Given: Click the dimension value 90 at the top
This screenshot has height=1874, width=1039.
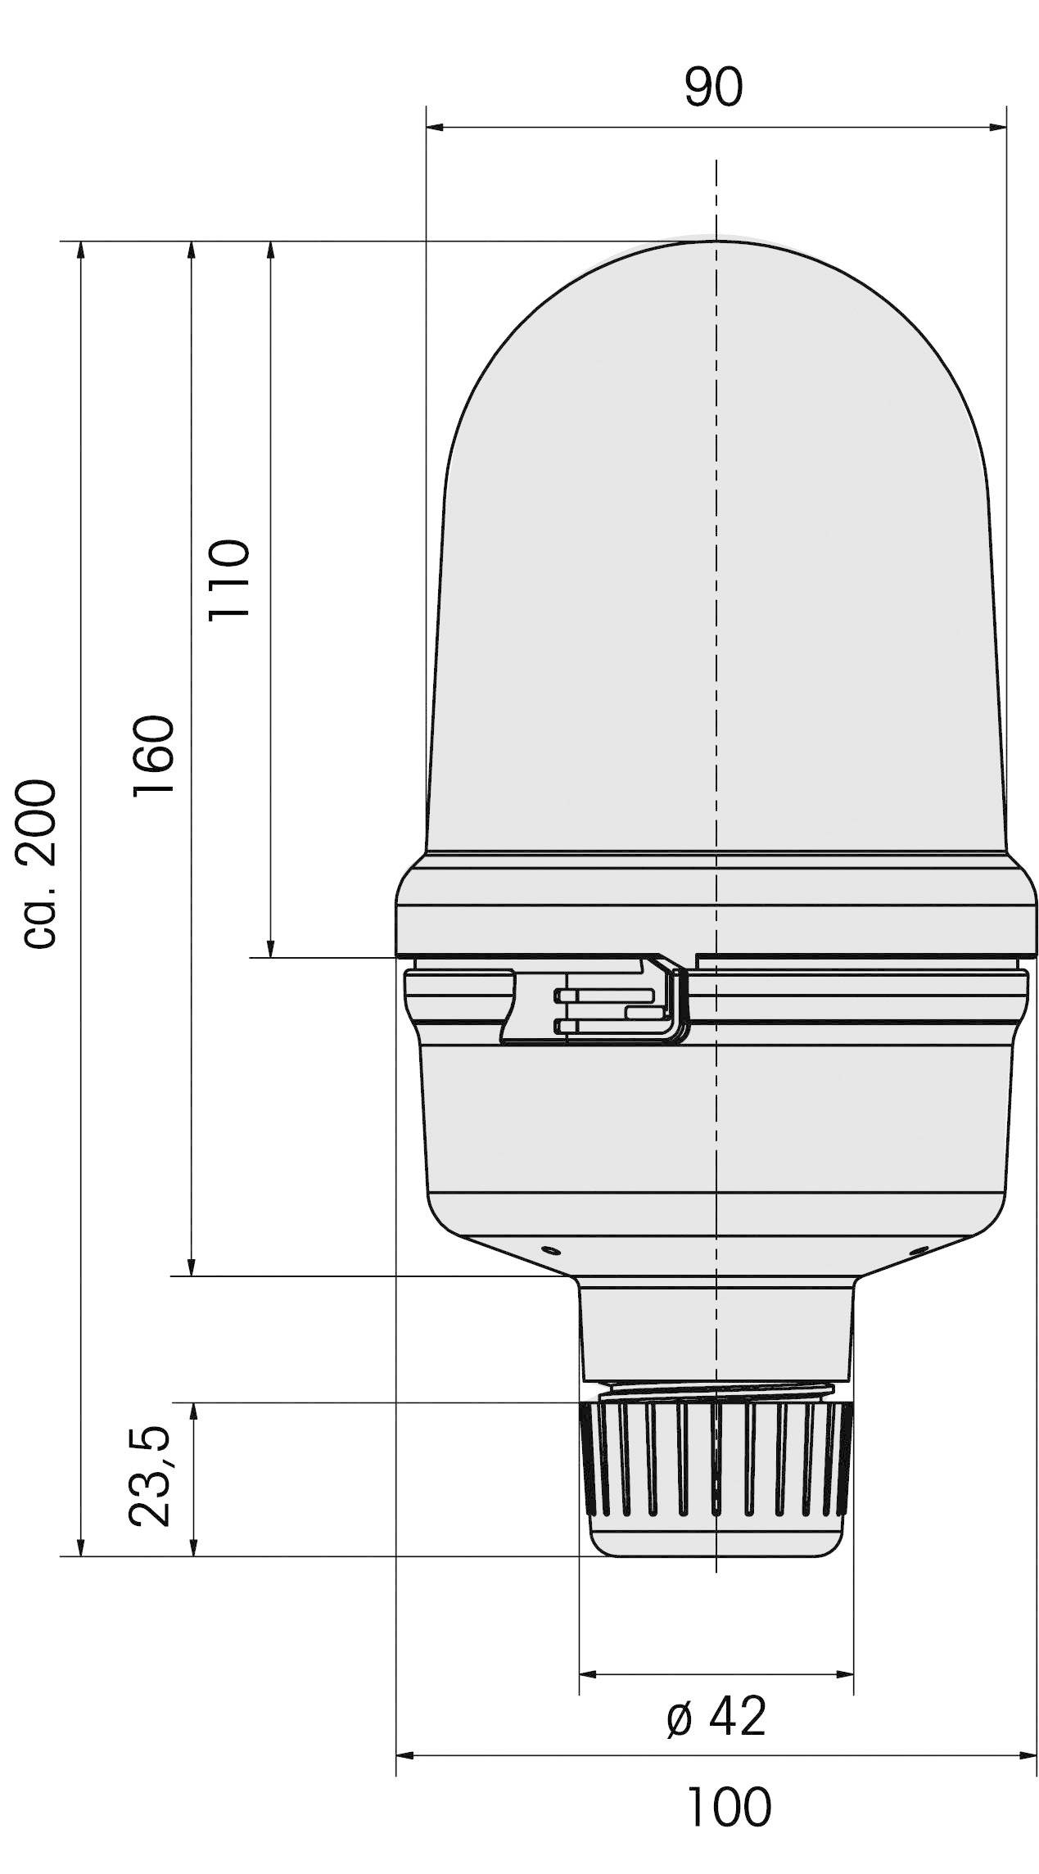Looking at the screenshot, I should [713, 88].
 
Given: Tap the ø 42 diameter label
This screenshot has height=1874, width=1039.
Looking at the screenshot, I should [716, 1717].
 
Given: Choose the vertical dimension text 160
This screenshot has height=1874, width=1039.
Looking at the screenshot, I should [154, 754].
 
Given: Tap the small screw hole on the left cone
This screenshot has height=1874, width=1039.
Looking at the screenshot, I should [549, 1249].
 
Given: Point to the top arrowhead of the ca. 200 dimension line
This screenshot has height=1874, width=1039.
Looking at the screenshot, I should [80, 251].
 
